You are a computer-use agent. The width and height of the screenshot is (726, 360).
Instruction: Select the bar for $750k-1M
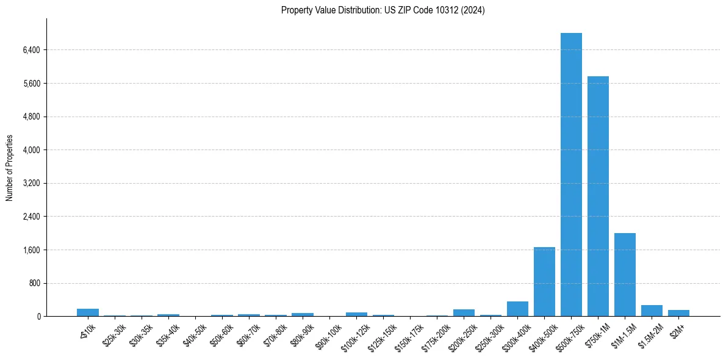pos(598,196)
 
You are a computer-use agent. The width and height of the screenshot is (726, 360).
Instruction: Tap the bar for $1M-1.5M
pos(625,275)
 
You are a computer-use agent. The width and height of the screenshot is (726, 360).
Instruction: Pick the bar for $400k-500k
pos(544,281)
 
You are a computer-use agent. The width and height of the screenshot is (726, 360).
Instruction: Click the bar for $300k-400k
pos(517,309)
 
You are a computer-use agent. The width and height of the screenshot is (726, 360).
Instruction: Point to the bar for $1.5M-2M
pos(652,311)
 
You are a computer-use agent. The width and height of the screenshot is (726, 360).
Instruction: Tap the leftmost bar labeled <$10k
pos(88,312)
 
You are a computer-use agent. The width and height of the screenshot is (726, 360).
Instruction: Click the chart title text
pos(383,10)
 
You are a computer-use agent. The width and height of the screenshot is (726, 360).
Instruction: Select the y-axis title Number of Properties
pos(10,168)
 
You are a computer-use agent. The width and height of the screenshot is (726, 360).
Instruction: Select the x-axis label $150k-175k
pos(409,336)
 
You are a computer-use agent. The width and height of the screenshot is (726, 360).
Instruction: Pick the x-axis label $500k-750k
pos(570,336)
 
